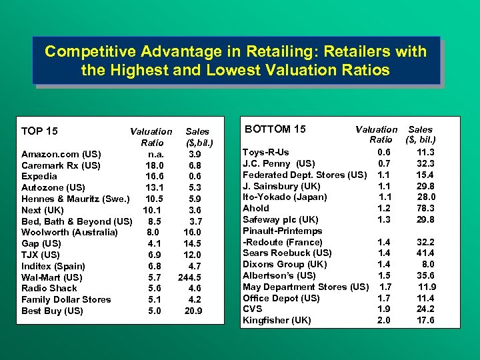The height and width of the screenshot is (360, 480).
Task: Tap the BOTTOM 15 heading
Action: click(x=275, y=129)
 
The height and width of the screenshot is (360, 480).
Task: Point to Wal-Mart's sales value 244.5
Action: click(x=193, y=277)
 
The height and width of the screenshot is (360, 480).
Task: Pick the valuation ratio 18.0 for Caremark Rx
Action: click(x=155, y=165)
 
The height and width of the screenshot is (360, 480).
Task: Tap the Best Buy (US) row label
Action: click(x=52, y=311)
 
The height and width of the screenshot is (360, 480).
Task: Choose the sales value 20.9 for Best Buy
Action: click(x=193, y=311)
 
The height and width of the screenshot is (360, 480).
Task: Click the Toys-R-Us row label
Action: click(x=266, y=152)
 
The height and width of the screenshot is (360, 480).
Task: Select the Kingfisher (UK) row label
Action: click(x=277, y=320)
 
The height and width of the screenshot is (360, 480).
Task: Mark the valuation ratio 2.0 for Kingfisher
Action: click(x=384, y=320)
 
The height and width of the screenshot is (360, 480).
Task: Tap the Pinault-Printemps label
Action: click(x=282, y=231)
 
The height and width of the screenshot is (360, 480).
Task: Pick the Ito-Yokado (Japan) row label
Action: click(x=285, y=197)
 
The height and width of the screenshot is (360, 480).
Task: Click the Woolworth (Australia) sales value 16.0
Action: click(x=193, y=232)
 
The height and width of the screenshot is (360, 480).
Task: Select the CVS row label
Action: click(x=253, y=309)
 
